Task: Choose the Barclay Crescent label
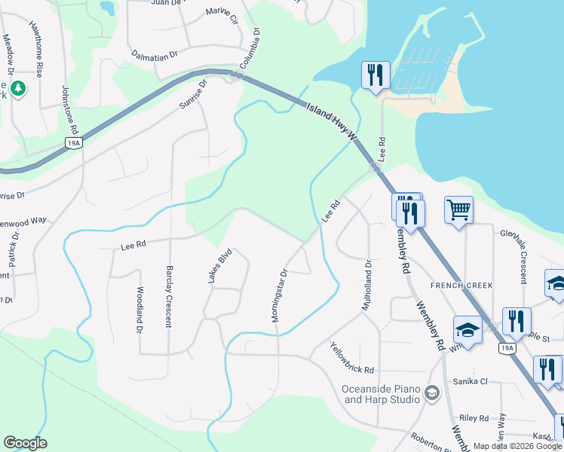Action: (x=168, y=296)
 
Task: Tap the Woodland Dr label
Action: (x=139, y=310)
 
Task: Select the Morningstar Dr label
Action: (x=279, y=297)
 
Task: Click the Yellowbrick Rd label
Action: (x=352, y=358)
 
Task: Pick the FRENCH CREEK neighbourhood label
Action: (x=461, y=286)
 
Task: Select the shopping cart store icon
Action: (x=458, y=210)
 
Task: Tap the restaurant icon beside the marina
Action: (x=375, y=75)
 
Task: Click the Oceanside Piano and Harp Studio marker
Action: (x=431, y=392)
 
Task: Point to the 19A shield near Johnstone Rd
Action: (x=73, y=143)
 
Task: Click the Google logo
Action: (x=25, y=443)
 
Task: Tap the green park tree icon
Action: (x=17, y=90)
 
